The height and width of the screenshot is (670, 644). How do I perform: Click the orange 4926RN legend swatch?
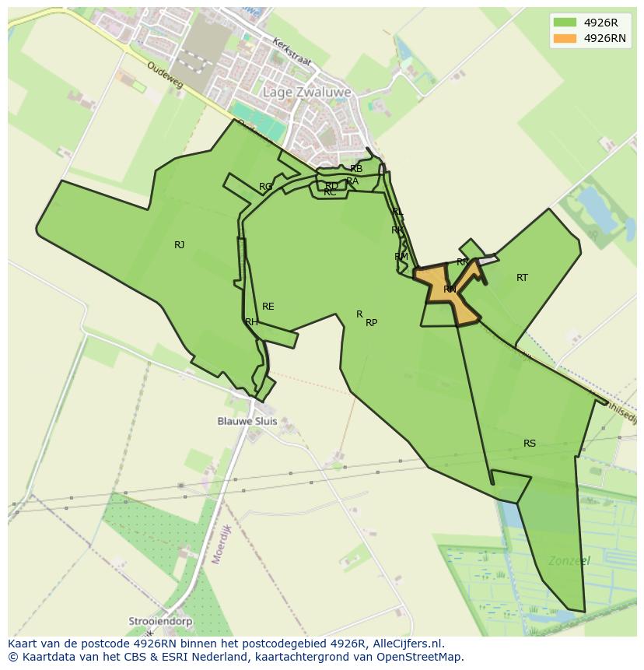[x=565, y=38]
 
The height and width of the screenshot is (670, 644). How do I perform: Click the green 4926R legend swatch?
[x=565, y=23]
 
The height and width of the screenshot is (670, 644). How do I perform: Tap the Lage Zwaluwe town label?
[x=306, y=92]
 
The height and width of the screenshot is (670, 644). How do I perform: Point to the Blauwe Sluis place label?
[x=247, y=421]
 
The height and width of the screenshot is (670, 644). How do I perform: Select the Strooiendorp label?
[x=160, y=622]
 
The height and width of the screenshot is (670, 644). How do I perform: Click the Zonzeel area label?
[x=569, y=560]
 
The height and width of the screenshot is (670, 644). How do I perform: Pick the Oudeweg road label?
[x=164, y=74]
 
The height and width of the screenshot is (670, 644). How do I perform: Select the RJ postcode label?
[x=180, y=245]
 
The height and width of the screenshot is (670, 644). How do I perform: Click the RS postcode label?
[x=530, y=444]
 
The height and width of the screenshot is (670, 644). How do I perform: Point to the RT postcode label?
[x=522, y=278]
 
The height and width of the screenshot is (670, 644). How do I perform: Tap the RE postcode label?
[x=268, y=307]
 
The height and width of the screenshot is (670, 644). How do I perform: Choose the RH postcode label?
[x=251, y=322]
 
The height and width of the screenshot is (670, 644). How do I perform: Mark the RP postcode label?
[x=372, y=323]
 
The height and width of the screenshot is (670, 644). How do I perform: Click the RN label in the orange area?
[x=450, y=289]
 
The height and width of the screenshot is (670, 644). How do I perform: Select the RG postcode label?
[x=266, y=187]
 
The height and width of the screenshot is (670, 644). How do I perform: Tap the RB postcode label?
[x=356, y=169]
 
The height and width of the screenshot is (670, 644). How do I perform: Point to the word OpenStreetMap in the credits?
[x=422, y=657]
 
